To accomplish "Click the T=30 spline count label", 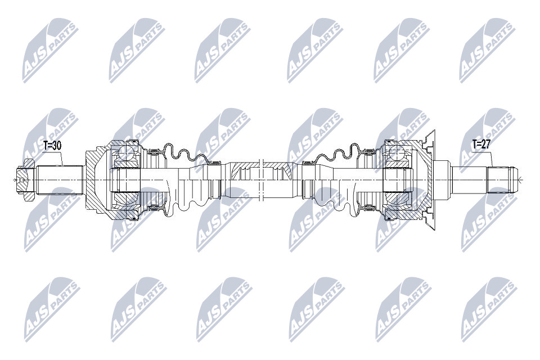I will pyautogui.click(x=52, y=145).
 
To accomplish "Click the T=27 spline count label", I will pyautogui.click(x=481, y=144).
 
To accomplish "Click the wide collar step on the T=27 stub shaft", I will pyautogui.click(x=442, y=179).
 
